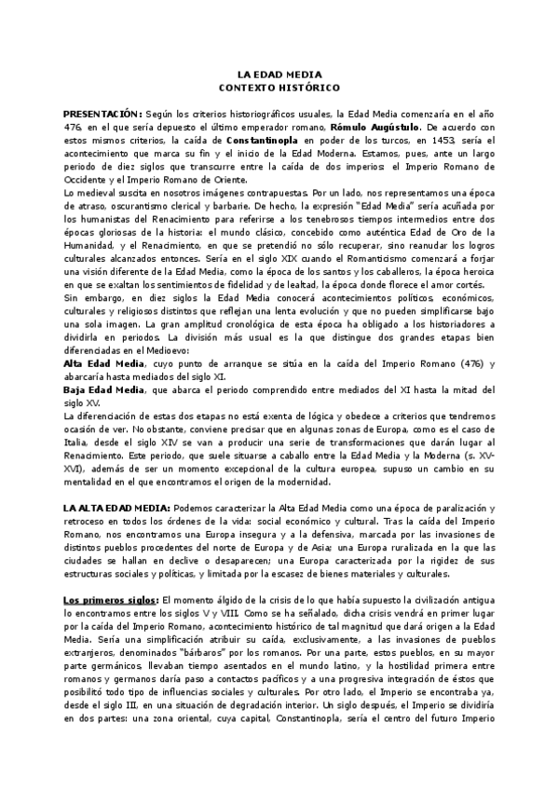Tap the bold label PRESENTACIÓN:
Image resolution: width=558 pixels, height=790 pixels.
coord(103,113)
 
